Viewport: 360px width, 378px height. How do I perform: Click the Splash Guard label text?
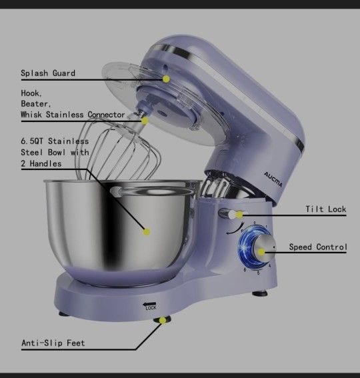(48, 73)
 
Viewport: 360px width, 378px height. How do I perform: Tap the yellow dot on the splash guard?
(166, 79)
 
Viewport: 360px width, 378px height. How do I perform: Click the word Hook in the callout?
(31, 93)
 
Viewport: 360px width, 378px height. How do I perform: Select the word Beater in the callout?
(36, 103)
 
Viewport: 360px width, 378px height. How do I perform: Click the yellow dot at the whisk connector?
(145, 121)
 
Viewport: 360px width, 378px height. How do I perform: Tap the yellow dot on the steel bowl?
(147, 232)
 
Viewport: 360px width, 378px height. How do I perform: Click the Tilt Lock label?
(326, 209)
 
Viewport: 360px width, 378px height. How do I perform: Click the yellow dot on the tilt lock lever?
(239, 214)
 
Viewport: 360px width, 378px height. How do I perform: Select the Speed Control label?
(318, 247)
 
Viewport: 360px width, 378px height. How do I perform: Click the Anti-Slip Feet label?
(53, 343)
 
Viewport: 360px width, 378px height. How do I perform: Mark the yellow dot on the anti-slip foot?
(163, 321)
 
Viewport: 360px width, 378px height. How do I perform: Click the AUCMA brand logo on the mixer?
(273, 179)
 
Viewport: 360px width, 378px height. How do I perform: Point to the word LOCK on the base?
(151, 308)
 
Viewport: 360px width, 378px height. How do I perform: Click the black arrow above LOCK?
(149, 304)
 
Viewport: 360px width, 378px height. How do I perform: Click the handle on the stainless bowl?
(117, 191)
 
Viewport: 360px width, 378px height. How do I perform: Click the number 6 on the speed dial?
(245, 269)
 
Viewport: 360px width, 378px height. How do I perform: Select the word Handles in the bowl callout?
(45, 164)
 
